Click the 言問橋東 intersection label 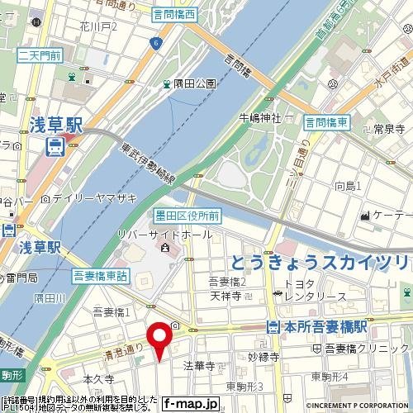tap(325, 122)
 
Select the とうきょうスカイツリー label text tap(319, 263)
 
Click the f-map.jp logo tap(190, 404)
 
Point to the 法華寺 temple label tap(198, 364)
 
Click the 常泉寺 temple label tap(387, 129)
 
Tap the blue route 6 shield tap(155, 43)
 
